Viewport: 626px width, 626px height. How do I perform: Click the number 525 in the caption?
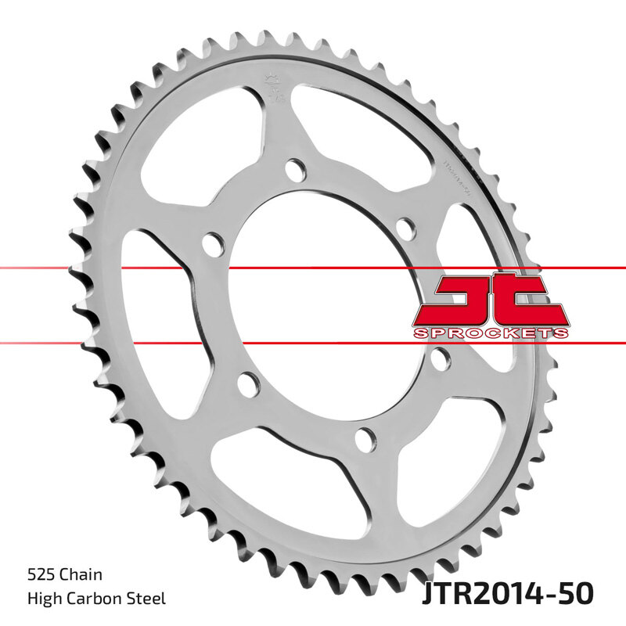tap(40, 575)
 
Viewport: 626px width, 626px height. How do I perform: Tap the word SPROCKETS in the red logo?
tap(488, 333)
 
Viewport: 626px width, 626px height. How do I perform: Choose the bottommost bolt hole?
tap(363, 440)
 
